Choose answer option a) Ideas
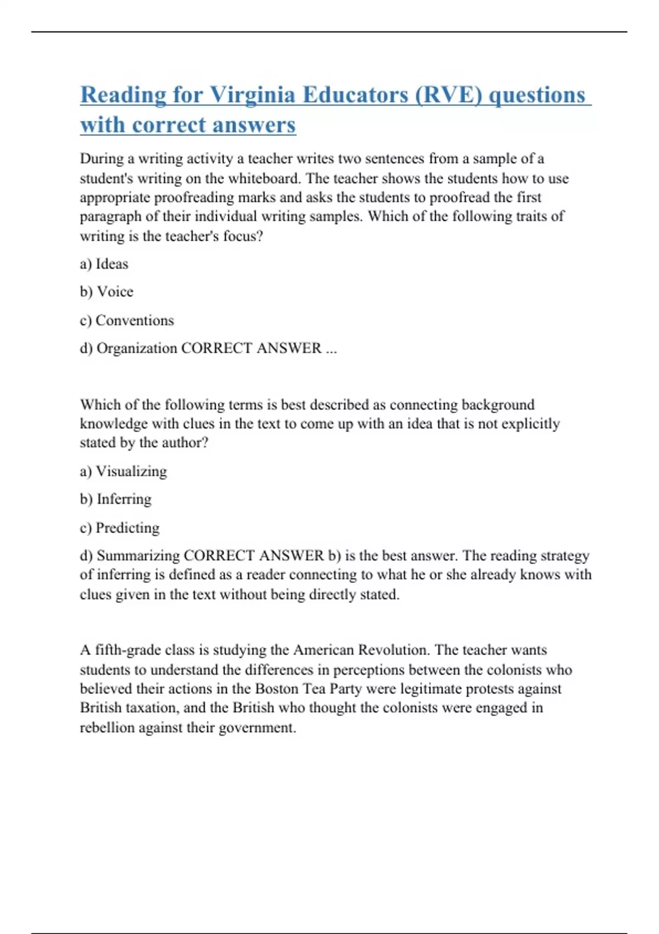coord(104,264)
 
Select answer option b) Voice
coord(107,292)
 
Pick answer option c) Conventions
coord(127,320)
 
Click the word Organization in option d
coord(137,348)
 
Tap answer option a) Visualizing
coord(123,471)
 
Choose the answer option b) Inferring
coord(115,499)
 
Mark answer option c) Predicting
coord(120,528)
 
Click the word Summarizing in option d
coord(138,555)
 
